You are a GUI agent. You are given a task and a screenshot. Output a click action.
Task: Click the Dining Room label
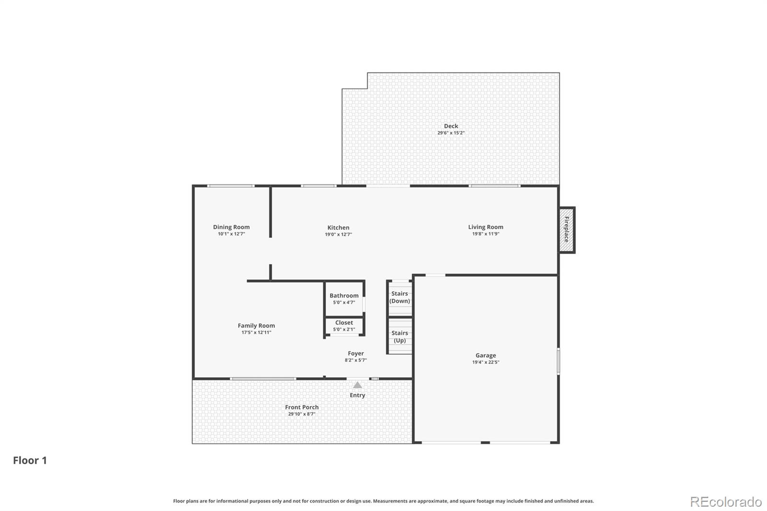(x=231, y=227)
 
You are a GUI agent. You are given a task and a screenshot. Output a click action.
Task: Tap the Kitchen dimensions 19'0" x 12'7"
(x=338, y=234)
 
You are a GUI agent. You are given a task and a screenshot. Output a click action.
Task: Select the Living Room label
(x=486, y=227)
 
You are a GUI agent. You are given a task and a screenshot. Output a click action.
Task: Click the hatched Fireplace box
(x=567, y=230)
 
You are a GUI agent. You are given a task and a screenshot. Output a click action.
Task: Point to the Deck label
(x=451, y=126)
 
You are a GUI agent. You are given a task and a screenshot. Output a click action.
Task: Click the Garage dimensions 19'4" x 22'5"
(x=486, y=362)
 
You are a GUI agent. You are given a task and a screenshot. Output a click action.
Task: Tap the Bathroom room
(x=344, y=299)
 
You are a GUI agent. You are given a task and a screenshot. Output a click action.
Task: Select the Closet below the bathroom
(x=344, y=326)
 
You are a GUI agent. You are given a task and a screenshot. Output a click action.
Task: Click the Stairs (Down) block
(x=399, y=297)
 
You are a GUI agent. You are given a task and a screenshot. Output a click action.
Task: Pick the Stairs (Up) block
(x=399, y=337)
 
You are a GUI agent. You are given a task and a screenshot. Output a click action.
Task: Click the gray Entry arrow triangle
(x=358, y=385)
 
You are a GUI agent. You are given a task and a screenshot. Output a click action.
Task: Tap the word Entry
(x=357, y=395)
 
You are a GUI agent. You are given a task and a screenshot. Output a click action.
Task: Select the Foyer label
(x=356, y=353)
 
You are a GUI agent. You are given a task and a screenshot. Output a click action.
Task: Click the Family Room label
(x=256, y=325)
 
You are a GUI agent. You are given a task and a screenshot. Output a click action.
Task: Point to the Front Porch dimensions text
(x=302, y=414)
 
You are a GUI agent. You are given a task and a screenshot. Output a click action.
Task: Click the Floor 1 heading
(x=30, y=460)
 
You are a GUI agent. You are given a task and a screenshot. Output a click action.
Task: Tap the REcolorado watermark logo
(x=726, y=501)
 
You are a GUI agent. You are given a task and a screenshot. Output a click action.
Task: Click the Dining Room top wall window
(x=231, y=186)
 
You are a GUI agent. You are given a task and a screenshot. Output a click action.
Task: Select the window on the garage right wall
(x=558, y=361)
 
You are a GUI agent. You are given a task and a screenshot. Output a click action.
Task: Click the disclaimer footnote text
(x=383, y=501)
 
